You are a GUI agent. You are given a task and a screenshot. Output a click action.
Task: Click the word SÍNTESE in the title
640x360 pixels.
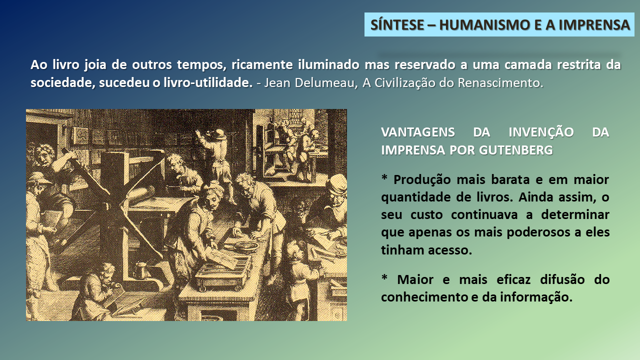[397, 24]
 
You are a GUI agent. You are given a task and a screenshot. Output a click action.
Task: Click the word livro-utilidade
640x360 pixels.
[208, 82]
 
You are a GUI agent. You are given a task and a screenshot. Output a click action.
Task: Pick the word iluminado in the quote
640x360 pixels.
[328, 64]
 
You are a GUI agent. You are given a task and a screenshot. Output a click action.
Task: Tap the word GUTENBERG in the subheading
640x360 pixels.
[515, 150]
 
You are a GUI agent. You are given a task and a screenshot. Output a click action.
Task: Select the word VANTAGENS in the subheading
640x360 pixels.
[417, 132]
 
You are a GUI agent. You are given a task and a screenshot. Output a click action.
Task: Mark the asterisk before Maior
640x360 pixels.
[384, 277]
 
